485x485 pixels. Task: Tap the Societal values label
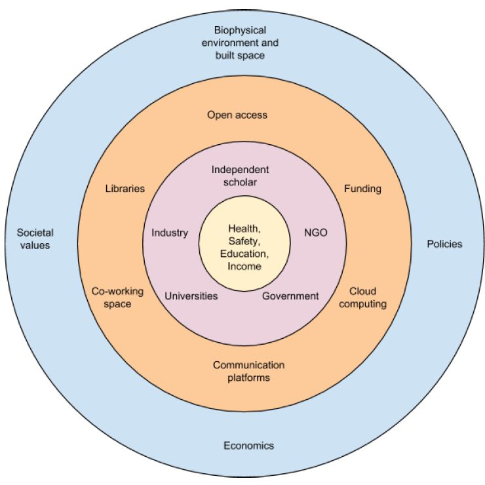[x=35, y=239]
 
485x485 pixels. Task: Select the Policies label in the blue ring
[x=444, y=244]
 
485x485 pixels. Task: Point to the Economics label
[x=248, y=446]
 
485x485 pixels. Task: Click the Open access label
[x=237, y=115]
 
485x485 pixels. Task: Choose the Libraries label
[x=125, y=189]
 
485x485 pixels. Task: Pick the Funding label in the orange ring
[x=362, y=189]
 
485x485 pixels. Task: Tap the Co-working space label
[x=111, y=298]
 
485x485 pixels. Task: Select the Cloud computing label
[x=368, y=298]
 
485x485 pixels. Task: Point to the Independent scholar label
[x=240, y=176]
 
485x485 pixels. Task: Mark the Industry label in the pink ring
[x=170, y=233]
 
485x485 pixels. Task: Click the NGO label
[x=315, y=233]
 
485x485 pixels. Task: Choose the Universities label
[x=191, y=296]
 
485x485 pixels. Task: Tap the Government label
[x=290, y=296]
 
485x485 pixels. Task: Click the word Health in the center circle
[x=242, y=228]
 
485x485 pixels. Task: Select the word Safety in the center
[x=243, y=241]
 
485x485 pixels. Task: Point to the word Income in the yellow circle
[x=244, y=266]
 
